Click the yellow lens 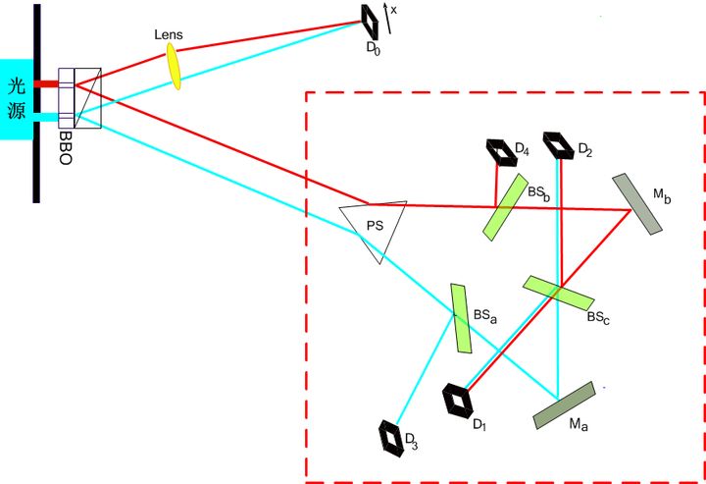point(173,65)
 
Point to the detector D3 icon point(393,436)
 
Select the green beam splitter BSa point(461,318)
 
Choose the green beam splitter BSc point(557,292)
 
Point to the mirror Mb point(636,204)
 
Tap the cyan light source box point(17,98)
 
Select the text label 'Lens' point(169,34)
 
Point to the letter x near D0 point(394,9)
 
